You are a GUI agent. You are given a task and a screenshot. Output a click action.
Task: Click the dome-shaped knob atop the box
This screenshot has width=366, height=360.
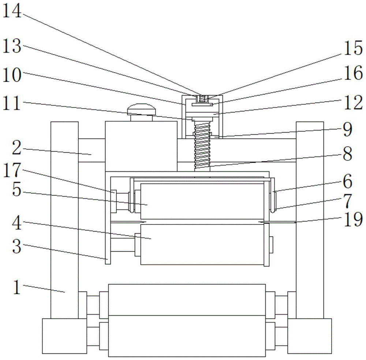141,109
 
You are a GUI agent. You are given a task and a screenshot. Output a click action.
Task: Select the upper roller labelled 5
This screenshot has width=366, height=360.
202,201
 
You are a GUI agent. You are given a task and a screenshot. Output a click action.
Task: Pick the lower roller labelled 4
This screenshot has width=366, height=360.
202,244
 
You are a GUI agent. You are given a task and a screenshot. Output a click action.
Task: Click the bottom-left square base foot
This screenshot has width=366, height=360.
64,336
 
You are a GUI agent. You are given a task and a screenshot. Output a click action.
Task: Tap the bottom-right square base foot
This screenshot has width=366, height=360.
309,336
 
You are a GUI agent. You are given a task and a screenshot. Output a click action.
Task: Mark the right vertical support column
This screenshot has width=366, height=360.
310,220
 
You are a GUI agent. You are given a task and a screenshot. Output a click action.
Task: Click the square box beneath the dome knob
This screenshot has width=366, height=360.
141,146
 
